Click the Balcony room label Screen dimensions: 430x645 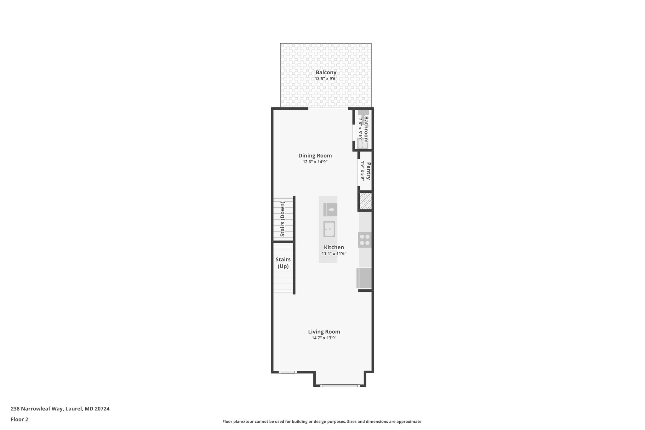(x=326, y=72)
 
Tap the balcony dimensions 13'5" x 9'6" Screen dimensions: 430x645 (x=326, y=79)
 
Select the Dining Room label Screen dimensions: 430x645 (x=315, y=156)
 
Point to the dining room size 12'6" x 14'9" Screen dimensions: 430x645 (x=315, y=162)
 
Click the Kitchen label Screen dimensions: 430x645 (x=334, y=248)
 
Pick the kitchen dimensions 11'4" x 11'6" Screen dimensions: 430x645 (x=334, y=254)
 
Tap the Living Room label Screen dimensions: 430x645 (x=324, y=332)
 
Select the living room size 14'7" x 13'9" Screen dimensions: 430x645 (x=324, y=338)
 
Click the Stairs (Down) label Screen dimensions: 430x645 (x=283, y=219)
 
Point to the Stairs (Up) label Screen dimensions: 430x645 (x=283, y=263)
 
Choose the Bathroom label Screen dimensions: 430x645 (x=366, y=129)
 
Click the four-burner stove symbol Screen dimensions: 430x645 (x=365, y=240)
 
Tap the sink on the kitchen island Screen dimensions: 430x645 (x=329, y=229)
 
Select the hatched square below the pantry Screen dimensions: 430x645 (x=365, y=201)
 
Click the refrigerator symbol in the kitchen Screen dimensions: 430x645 (x=364, y=278)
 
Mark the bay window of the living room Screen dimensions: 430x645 (x=340, y=385)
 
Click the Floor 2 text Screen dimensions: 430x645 (x=20, y=420)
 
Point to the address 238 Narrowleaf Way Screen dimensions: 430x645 (x=60, y=409)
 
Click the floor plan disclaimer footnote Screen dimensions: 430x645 (x=322, y=421)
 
